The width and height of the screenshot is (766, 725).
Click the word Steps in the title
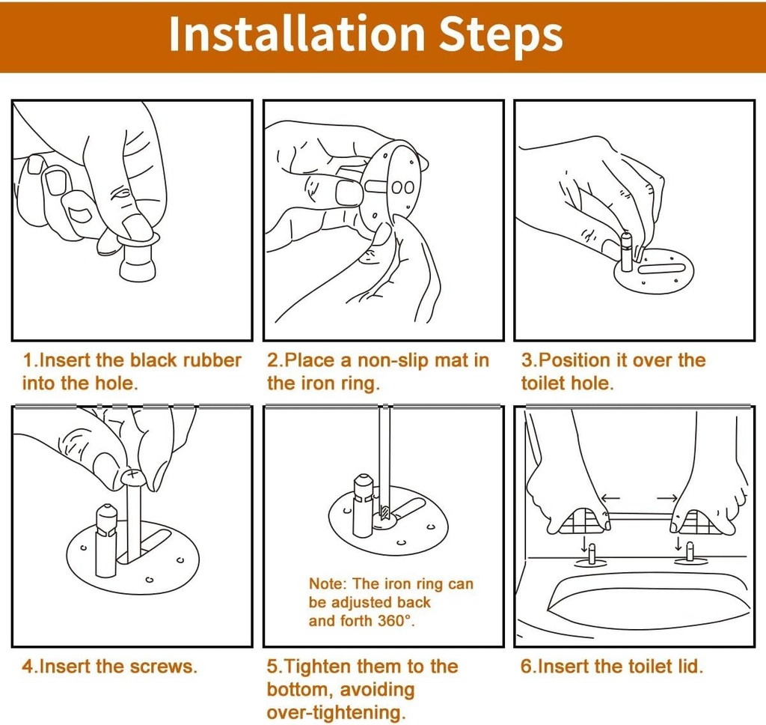point(500,35)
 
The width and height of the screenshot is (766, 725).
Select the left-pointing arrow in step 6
point(610,499)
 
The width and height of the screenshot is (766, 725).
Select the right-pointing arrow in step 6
point(667,499)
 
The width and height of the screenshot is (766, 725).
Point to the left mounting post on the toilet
point(592,553)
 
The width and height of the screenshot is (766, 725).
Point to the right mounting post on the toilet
point(689,552)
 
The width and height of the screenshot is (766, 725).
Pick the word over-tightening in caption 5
point(336,712)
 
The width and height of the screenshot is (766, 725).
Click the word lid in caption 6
point(690,666)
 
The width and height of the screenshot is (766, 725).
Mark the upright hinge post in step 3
point(626,252)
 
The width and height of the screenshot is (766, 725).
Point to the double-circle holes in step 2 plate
point(403,187)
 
